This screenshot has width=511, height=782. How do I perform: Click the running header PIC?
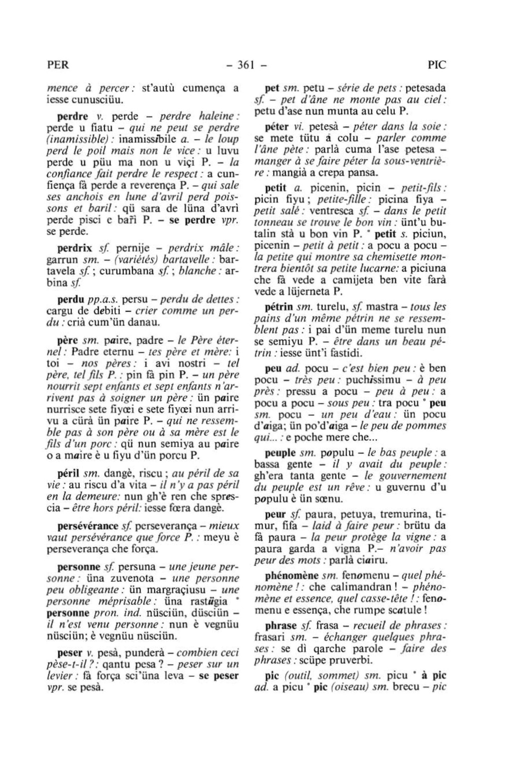tap(437, 65)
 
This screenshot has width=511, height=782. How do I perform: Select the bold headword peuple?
tap(281, 453)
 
